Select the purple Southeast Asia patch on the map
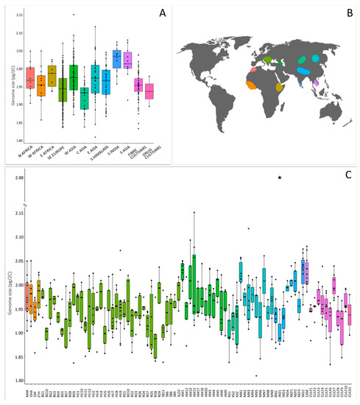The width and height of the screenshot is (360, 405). (x=316, y=83)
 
